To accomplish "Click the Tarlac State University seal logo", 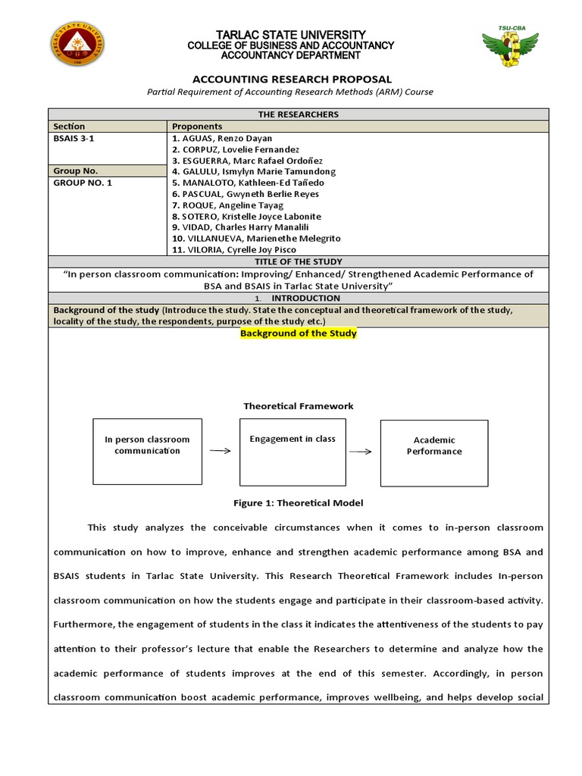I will [77, 44].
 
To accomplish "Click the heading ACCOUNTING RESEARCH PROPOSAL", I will [292, 79].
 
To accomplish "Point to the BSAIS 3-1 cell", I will [74, 139].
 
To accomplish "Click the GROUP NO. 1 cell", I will [83, 183].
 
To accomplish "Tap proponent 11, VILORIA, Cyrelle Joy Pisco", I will [234, 249].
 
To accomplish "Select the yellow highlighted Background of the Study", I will [298, 333].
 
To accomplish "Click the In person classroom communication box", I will [147, 452].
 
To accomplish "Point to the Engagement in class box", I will [293, 452].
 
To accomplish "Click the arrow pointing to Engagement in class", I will [220, 450].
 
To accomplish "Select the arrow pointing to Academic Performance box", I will [361, 452].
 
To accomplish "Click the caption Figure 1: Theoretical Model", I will [298, 503].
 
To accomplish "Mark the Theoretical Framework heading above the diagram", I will [298, 406].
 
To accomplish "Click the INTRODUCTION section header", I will [306, 298].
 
